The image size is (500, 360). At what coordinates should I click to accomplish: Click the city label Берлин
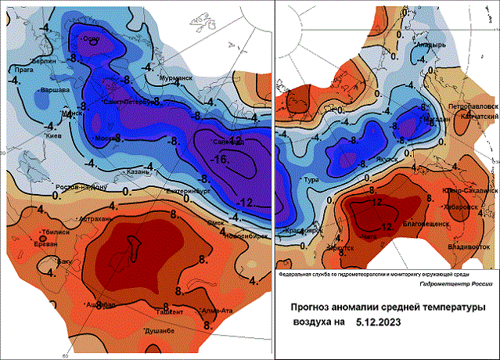tap(41, 59)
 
